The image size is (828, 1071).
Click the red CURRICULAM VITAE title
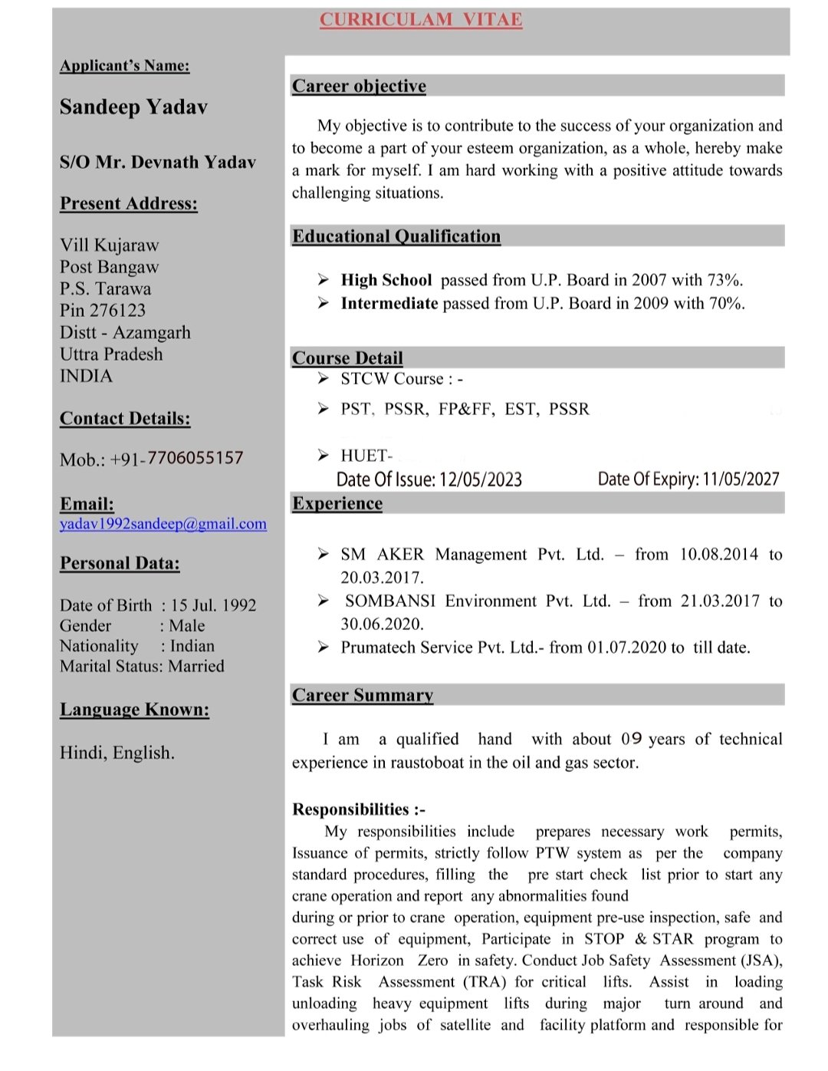[421, 20]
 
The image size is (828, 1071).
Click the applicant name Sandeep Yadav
[133, 107]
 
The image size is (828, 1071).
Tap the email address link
[163, 524]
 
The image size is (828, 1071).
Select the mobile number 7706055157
[195, 458]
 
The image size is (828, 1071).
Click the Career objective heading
[359, 86]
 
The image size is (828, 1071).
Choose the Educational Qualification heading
[396, 236]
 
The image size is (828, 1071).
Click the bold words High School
[386, 280]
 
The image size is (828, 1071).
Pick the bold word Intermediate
[389, 304]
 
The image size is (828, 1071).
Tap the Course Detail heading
[347, 358]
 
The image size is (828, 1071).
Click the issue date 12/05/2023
[481, 479]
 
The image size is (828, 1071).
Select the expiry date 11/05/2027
[741, 479]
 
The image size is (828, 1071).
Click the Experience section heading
[337, 503]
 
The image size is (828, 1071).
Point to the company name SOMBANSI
[390, 601]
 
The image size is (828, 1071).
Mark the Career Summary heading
[363, 695]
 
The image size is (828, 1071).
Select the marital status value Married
[196, 666]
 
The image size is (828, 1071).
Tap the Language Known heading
[134, 710]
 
